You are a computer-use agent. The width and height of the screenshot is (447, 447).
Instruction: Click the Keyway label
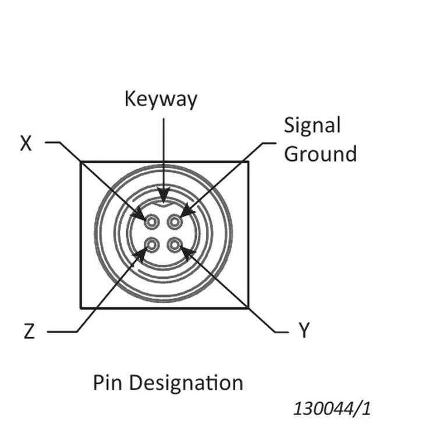tap(161, 100)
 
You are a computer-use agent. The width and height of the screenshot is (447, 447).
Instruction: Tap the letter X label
tap(26, 143)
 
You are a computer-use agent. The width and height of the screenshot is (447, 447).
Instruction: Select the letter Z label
tap(29, 331)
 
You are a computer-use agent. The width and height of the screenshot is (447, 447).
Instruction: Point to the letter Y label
tap(304, 330)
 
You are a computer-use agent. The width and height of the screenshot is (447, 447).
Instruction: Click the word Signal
tap(312, 126)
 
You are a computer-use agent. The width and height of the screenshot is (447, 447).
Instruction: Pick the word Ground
tap(320, 154)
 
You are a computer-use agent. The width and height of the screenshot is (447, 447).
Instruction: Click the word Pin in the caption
tap(108, 382)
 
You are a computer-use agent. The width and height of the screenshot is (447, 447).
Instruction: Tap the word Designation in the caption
tap(186, 382)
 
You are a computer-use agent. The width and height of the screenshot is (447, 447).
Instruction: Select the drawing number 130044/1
tap(332, 409)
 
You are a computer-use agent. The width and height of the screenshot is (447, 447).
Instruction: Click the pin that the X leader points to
tap(152, 222)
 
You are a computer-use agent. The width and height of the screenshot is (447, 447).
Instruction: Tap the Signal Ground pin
tap(175, 222)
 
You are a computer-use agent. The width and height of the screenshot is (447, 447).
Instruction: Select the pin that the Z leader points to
tap(152, 244)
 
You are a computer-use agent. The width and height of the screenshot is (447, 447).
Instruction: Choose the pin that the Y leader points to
tap(175, 244)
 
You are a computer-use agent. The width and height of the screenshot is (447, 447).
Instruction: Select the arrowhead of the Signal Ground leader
tap(187, 211)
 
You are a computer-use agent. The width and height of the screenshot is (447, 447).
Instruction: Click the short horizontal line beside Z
tap(62, 332)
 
